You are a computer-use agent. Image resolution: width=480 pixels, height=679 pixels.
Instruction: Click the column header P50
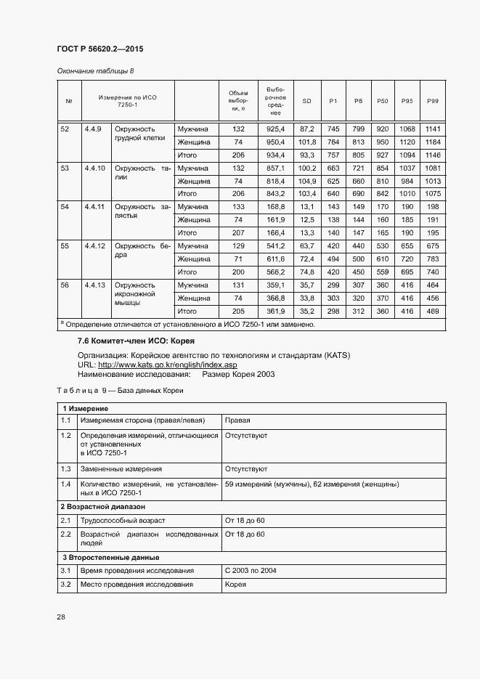point(383,100)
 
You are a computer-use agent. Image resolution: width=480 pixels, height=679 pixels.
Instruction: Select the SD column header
point(306,100)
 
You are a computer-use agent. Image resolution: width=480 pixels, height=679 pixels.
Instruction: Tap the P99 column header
point(433,100)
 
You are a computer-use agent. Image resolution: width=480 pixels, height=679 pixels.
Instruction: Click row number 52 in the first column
point(65,129)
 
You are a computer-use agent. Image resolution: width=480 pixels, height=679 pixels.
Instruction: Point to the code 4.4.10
point(95,168)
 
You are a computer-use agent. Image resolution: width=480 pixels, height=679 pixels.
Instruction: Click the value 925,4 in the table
point(275,129)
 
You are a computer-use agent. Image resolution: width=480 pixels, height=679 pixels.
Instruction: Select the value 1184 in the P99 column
point(433,142)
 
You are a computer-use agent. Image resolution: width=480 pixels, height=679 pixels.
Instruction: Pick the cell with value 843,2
point(275,194)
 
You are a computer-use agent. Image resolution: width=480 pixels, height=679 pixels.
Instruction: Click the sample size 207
point(238,233)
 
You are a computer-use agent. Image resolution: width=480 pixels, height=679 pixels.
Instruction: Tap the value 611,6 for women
point(275,259)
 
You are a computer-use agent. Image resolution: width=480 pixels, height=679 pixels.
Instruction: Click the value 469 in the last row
point(433,311)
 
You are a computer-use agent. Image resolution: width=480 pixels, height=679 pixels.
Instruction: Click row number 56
point(65,285)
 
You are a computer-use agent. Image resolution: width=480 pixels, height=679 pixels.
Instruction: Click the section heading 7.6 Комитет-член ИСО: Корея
point(137,341)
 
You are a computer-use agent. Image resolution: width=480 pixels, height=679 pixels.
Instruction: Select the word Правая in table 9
point(237,420)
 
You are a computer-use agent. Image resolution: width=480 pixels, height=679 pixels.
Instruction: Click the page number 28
point(61,617)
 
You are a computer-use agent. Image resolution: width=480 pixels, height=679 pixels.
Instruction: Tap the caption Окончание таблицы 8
point(96,70)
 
